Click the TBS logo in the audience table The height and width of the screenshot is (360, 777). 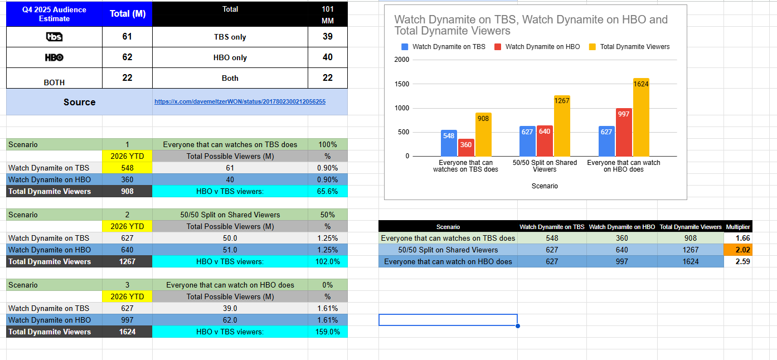coord(54,37)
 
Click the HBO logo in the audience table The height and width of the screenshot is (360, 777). coord(54,57)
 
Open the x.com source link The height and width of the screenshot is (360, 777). coord(240,102)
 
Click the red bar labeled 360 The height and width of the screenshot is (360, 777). coord(466,148)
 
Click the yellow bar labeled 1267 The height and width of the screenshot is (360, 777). coord(562,125)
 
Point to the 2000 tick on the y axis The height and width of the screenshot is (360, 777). coord(401,60)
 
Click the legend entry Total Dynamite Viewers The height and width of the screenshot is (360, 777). coord(634,47)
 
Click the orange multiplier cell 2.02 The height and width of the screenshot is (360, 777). coord(738,250)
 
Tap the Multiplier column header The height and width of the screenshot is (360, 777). coord(738,227)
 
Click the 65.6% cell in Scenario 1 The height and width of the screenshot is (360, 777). coord(327,191)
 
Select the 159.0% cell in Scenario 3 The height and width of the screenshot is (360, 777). coord(327,332)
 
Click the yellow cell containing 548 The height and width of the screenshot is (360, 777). coord(127,168)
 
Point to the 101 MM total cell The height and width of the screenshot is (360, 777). coord(327,14)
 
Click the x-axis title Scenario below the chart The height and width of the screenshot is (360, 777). coord(545,186)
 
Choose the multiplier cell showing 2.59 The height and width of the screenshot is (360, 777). coord(738,261)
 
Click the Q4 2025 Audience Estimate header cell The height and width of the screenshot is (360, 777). coord(54,14)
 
